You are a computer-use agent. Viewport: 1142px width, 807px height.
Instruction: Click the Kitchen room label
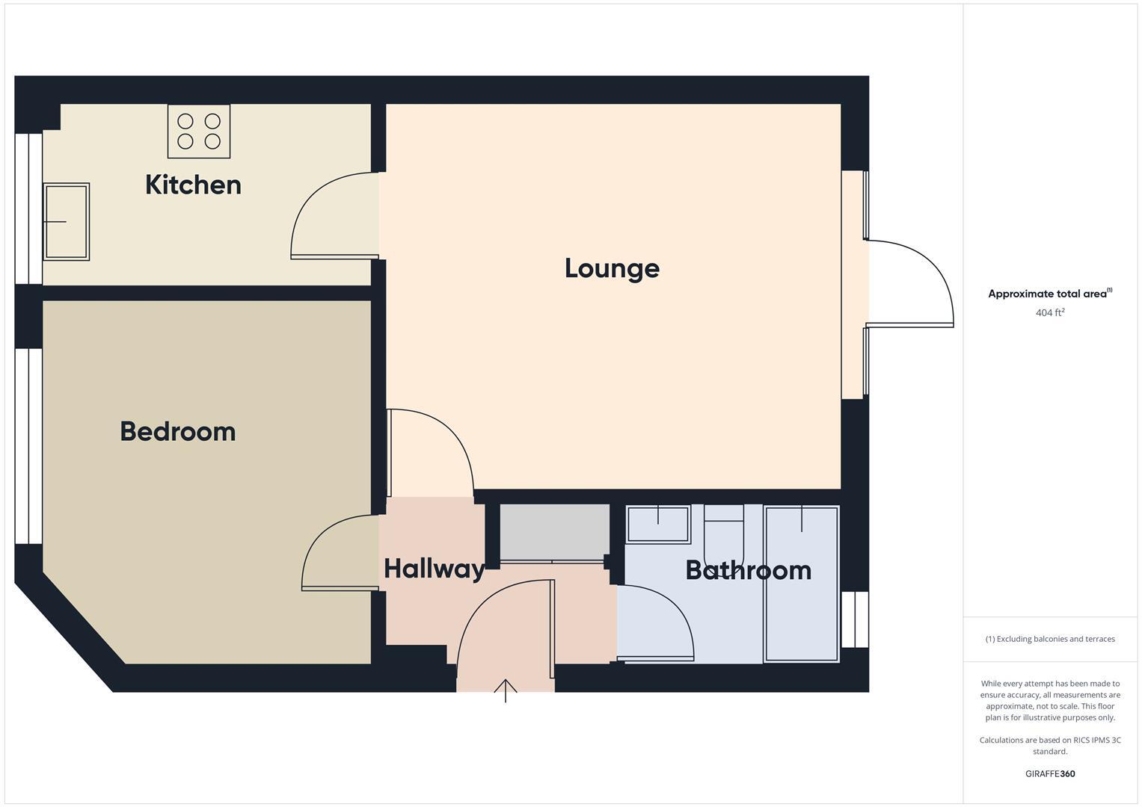[193, 185]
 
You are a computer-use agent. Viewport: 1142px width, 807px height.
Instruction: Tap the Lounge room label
[612, 268]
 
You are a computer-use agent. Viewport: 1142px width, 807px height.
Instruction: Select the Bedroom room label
[178, 431]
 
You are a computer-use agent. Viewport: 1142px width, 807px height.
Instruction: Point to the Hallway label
[434, 569]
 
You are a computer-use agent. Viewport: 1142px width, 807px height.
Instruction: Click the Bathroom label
[748, 570]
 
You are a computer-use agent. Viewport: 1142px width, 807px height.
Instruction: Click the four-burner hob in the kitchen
[199, 132]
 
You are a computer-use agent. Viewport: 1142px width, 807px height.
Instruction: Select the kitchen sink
[67, 222]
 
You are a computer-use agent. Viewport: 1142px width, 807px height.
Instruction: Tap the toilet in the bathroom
[724, 528]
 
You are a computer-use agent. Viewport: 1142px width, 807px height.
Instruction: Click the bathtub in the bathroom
[802, 584]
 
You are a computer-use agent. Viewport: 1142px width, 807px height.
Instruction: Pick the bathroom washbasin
[658, 523]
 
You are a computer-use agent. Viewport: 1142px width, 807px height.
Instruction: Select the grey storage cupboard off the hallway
[554, 532]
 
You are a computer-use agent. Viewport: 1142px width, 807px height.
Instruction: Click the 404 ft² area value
[1049, 313]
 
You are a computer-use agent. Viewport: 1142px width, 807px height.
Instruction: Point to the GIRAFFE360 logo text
[1049, 774]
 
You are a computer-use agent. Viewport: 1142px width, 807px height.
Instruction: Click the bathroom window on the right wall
[855, 619]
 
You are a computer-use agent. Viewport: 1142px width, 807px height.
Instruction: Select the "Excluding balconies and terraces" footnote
[1049, 639]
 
